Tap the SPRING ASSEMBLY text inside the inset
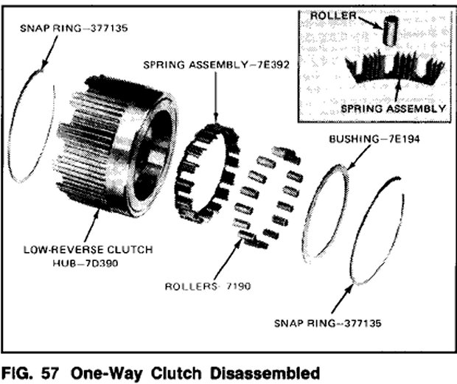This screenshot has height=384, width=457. pos(392,109)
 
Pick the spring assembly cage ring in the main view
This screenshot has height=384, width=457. pos(206,173)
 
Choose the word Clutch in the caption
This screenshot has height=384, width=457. pos(177,371)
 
